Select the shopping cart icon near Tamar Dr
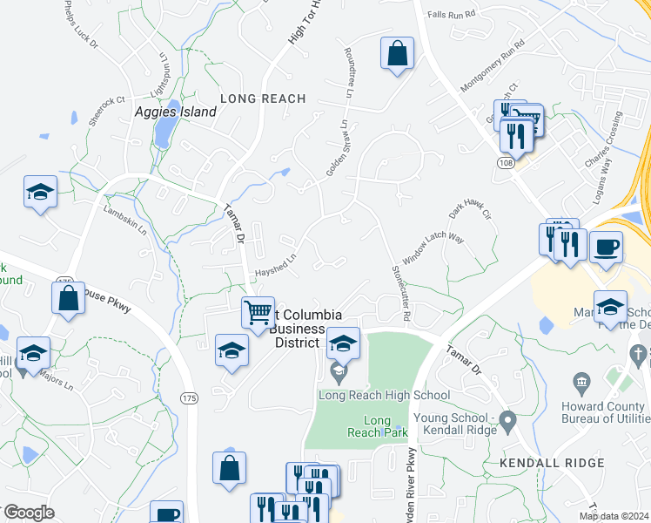pyautogui.click(x=258, y=312)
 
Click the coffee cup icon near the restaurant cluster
pyautogui.click(x=606, y=246)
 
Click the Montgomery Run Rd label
pyautogui.click(x=493, y=66)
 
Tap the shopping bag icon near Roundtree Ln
pyautogui.click(x=397, y=53)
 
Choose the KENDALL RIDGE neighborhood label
pyautogui.click(x=552, y=462)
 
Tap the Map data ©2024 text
pyautogui.click(x=613, y=516)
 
